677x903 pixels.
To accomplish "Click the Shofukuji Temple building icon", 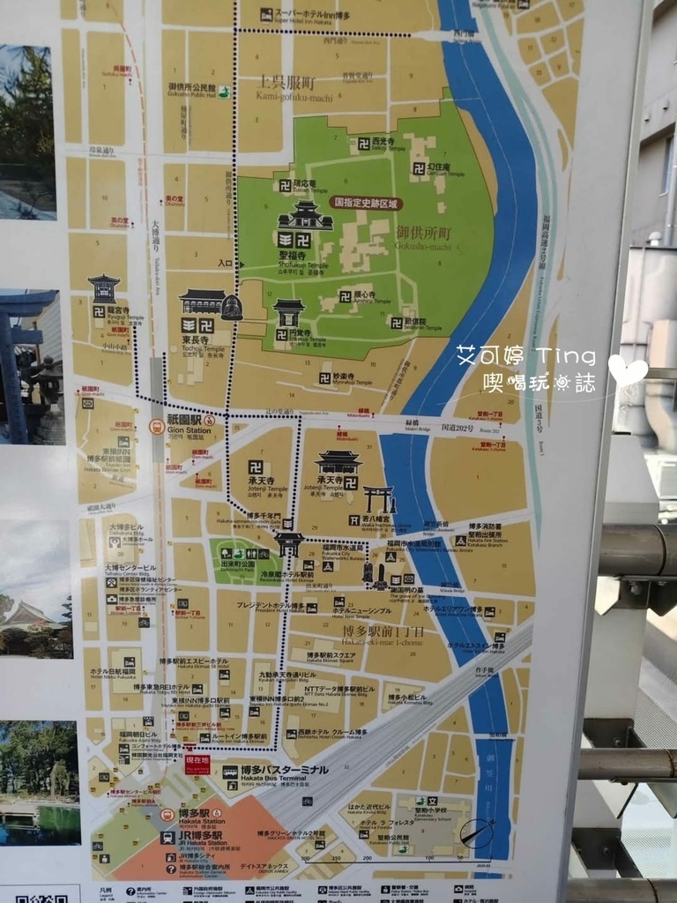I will coord(305,216).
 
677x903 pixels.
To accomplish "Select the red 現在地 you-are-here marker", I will coord(197,764).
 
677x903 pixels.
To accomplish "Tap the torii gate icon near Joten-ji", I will coord(379,500).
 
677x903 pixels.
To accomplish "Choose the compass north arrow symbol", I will coord(477,833).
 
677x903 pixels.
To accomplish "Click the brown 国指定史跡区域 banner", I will coord(366,202).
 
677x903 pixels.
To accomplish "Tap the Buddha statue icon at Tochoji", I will coord(231,307).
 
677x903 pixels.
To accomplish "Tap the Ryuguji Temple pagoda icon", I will coord(104,288).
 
